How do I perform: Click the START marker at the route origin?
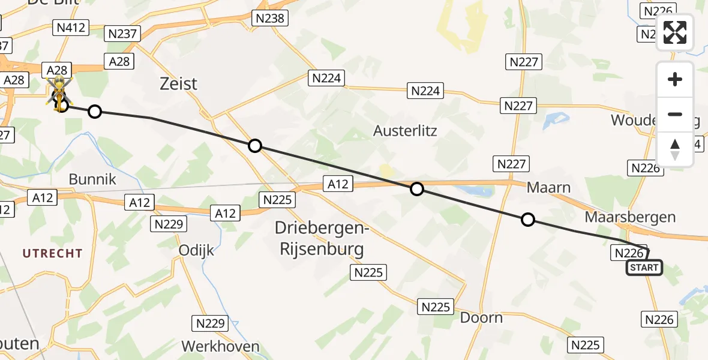point(644,268)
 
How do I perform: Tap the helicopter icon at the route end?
point(60,93)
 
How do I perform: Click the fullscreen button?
point(675,32)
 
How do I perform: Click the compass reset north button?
point(675,149)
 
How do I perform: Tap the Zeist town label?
point(179,83)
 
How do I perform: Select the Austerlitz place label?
point(405,130)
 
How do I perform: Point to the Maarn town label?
point(548,188)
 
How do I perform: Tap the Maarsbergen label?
point(630,217)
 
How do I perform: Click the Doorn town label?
point(481,317)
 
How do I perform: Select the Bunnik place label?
point(92,179)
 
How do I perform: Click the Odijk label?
point(196,250)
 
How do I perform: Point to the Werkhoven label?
point(220,346)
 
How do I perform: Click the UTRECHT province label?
point(53,253)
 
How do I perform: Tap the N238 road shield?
point(269,18)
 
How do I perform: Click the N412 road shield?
point(71,27)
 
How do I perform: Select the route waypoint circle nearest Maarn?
point(527,220)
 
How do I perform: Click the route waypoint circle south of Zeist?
point(255,145)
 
